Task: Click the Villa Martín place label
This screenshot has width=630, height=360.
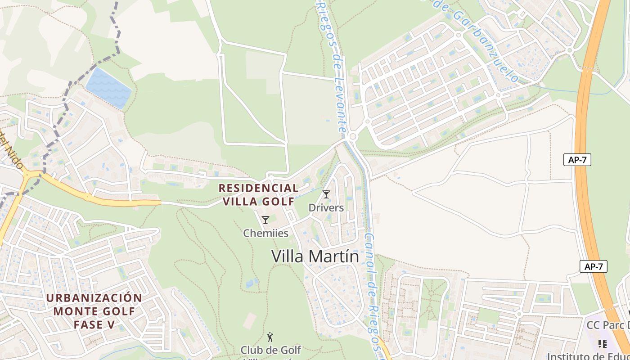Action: coord(315,256)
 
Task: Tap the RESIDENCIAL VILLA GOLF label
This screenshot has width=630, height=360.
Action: coord(258,194)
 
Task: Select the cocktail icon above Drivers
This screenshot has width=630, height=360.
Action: coord(326,194)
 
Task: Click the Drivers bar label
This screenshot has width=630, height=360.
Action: coord(326,207)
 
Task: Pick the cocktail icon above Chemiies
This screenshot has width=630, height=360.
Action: coord(265,220)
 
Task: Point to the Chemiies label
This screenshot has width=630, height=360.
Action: coord(265,233)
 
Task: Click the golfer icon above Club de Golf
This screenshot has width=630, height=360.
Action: coord(270,337)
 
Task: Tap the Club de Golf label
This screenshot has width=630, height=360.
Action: coord(270,350)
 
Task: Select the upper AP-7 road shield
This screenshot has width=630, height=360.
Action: coord(577,159)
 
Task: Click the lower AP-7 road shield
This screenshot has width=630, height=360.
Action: coord(593,266)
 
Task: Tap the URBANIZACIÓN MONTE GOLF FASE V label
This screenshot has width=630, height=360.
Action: coord(94,310)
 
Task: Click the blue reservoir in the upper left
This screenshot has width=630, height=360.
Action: coord(108,88)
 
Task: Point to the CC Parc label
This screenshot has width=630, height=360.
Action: coord(607,325)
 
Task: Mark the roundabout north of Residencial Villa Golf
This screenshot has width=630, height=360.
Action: coord(352,136)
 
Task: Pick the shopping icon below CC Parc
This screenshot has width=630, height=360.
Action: coord(603,344)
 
